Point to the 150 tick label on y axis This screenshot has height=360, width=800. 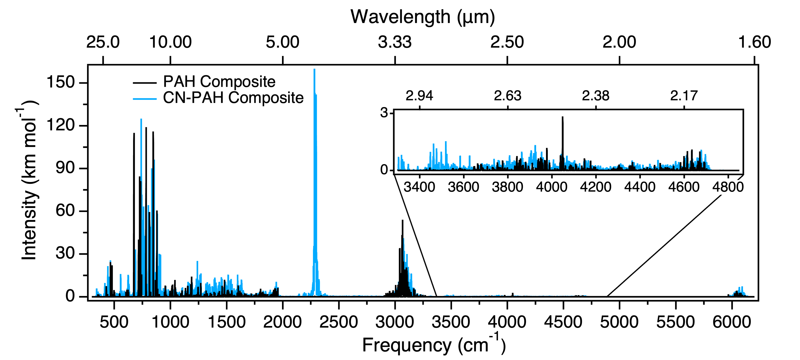(61, 82)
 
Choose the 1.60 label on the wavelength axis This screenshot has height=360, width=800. (754, 42)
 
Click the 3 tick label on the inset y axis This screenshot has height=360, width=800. (384, 112)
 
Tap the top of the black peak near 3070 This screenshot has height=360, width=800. (402, 221)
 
